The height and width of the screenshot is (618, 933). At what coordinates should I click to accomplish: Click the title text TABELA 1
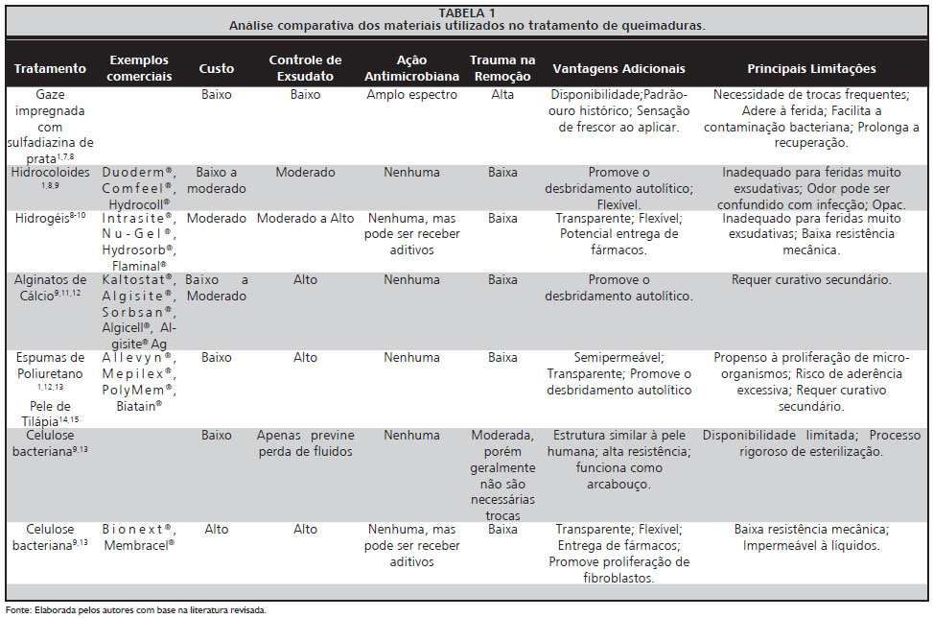pyautogui.click(x=467, y=12)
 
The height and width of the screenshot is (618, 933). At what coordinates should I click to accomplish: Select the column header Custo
pyautogui.click(x=216, y=69)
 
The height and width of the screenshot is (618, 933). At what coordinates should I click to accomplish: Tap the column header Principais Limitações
pyautogui.click(x=811, y=69)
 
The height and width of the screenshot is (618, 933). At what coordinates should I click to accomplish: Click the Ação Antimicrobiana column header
pyautogui.click(x=411, y=68)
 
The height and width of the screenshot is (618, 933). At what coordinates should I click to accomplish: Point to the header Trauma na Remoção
pyautogui.click(x=501, y=68)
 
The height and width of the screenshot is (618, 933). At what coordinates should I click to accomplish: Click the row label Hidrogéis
pyautogui.click(x=50, y=219)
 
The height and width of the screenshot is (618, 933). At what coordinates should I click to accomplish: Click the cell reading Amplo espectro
pyautogui.click(x=411, y=95)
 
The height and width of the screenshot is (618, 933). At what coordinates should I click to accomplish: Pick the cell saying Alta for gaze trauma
pyautogui.click(x=502, y=95)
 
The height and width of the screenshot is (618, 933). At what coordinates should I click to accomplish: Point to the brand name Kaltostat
pyautogui.click(x=137, y=279)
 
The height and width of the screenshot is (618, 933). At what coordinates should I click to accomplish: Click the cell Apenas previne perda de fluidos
pyautogui.click(x=305, y=443)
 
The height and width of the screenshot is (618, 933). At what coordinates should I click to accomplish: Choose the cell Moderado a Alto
pyautogui.click(x=305, y=219)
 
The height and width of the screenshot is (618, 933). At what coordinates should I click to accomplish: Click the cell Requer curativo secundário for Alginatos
pyautogui.click(x=811, y=280)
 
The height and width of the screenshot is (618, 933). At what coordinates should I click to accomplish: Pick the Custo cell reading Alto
pyautogui.click(x=216, y=529)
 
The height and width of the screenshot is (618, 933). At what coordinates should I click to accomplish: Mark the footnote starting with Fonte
pyautogui.click(x=135, y=609)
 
